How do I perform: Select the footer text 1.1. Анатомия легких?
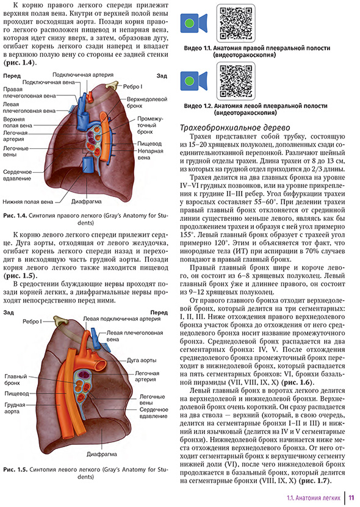point(313,498)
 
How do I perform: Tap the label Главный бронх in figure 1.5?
point(15,381)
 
